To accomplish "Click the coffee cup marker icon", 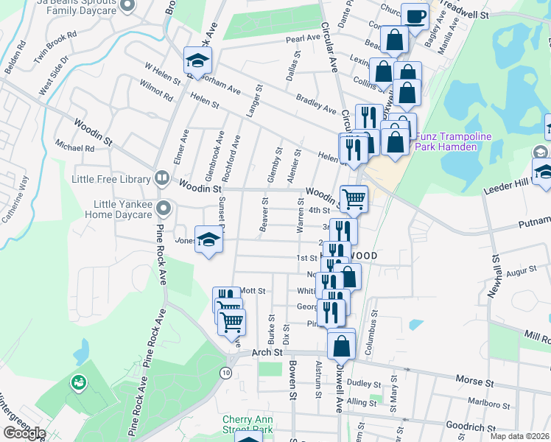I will click(415, 15).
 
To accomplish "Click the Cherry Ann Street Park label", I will click(248, 424).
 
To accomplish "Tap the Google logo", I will click(24, 433).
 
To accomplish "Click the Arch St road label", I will click(268, 353).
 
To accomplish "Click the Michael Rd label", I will click(79, 148).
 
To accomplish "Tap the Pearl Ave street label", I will click(303, 38).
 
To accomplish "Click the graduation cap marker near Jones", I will click(209, 239).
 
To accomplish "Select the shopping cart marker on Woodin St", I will click(354, 198).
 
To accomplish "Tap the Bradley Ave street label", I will click(316, 104).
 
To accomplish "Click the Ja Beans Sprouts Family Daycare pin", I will click(126, 6).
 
